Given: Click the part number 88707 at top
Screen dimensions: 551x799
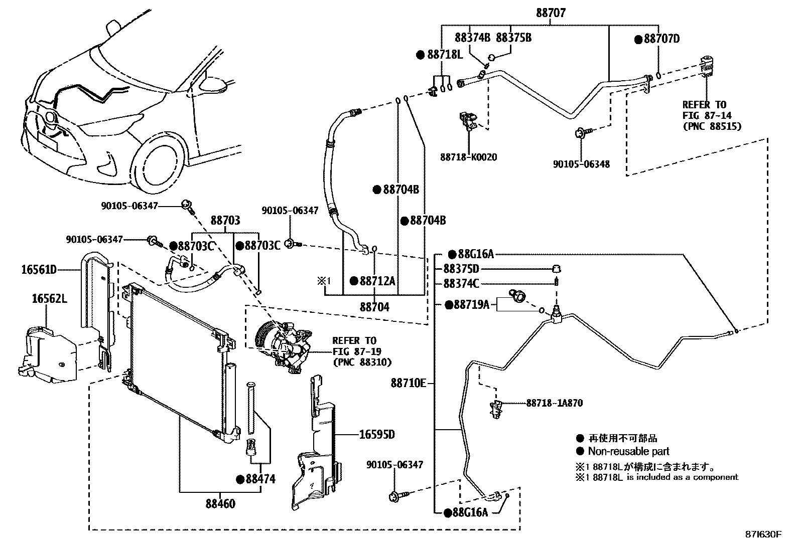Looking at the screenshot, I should click(550, 13).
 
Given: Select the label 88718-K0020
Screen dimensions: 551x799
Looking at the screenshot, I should click(469, 157).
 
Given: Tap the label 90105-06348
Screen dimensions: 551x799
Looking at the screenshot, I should click(581, 164).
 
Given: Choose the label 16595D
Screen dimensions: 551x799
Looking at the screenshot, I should click(376, 434).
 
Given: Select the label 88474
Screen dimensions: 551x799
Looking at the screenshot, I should click(260, 479).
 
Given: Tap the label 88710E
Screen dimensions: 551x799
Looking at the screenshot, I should click(408, 384).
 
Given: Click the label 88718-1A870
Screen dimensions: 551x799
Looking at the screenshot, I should click(555, 403).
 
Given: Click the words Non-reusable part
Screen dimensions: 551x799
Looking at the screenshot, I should click(628, 451).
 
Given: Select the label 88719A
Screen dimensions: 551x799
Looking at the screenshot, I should click(471, 304).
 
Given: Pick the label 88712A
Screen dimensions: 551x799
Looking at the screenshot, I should click(377, 281).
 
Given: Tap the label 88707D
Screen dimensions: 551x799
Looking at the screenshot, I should click(661, 39).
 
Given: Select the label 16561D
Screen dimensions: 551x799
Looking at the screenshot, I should click(39, 270).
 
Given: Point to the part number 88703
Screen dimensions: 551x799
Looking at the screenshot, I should click(225, 221).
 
